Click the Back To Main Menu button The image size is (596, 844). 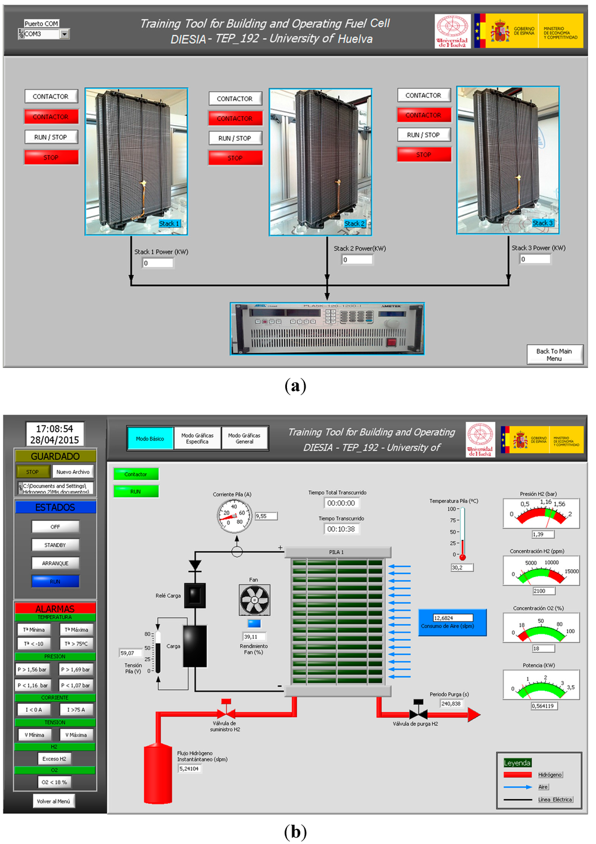click(x=555, y=354)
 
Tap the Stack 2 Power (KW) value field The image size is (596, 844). click(x=357, y=260)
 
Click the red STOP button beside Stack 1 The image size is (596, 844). click(x=51, y=157)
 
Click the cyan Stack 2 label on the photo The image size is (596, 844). click(x=354, y=224)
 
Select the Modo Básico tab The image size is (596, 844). click(x=150, y=438)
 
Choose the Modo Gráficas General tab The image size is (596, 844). click(x=244, y=438)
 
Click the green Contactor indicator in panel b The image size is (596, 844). click(x=136, y=474)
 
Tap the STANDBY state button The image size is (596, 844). click(x=55, y=545)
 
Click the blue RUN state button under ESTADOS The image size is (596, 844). click(x=55, y=581)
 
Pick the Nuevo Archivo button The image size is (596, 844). click(x=73, y=472)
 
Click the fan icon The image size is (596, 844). click(x=254, y=600)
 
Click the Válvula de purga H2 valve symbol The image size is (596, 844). click(x=418, y=712)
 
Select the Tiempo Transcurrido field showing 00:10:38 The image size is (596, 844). click(x=341, y=529)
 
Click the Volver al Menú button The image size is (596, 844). click(x=54, y=802)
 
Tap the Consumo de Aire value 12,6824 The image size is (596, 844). click(x=452, y=618)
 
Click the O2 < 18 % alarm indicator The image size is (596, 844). click(x=55, y=782)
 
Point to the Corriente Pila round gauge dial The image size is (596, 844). click(x=235, y=515)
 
